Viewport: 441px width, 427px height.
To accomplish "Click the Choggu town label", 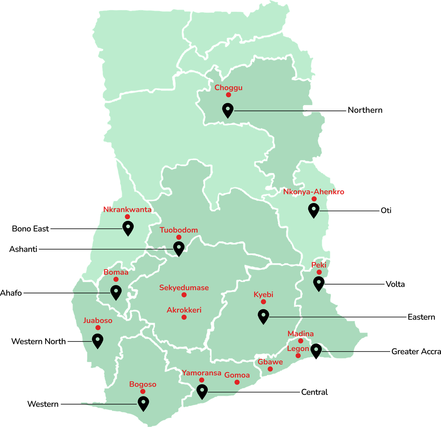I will pos(228,88).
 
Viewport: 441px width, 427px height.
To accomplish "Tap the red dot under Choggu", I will pos(228,95).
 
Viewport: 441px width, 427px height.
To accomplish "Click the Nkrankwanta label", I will pos(127,210).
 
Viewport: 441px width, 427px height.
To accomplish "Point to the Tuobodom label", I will pos(179,230).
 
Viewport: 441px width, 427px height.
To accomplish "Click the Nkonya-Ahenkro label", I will pos(314,192).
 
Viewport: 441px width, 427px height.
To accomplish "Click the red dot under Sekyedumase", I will pos(184,295).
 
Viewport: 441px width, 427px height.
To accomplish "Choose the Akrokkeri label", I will pos(184,310).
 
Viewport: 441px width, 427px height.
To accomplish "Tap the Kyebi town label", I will pos(263,295).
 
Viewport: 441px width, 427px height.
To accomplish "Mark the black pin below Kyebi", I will pos(263,316).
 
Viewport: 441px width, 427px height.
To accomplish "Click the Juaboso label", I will pos(98,321).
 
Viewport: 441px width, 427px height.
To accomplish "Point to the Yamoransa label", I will pos(201,373).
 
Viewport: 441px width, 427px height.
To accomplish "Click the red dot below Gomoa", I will pos(237,382).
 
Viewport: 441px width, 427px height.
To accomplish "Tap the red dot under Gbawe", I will pos(270,369).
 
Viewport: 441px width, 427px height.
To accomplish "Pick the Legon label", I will pos(298,349).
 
